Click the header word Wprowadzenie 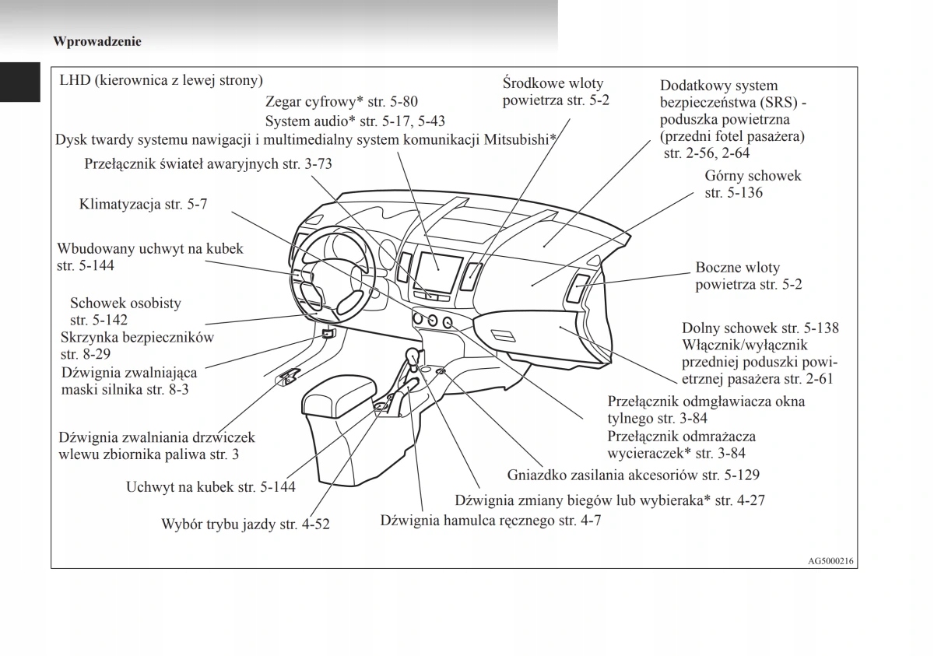click(97, 42)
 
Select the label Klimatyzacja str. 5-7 click(143, 205)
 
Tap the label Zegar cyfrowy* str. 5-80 click(341, 101)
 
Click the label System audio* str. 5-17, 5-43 click(355, 121)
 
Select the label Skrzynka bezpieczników click(137, 346)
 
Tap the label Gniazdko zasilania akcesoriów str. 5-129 click(633, 474)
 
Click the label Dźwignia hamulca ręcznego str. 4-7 click(490, 521)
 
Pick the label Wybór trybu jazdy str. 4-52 click(245, 524)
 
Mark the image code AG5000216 click(831, 560)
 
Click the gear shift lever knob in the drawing click(413, 357)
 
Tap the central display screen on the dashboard click(437, 272)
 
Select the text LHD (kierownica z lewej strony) click(161, 80)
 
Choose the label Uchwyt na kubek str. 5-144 click(210, 487)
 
